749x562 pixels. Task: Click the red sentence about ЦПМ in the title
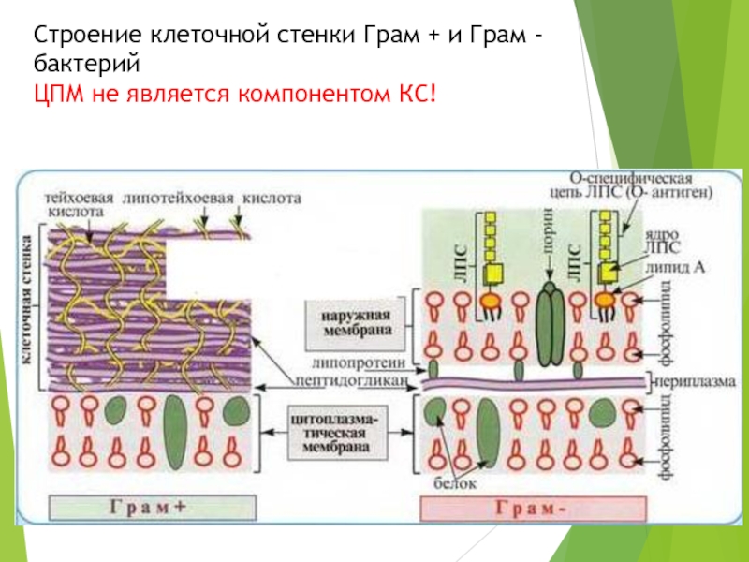click(x=234, y=93)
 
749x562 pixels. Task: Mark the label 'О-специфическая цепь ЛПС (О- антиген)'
click(x=641, y=185)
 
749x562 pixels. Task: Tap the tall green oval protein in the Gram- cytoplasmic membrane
click(x=488, y=432)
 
